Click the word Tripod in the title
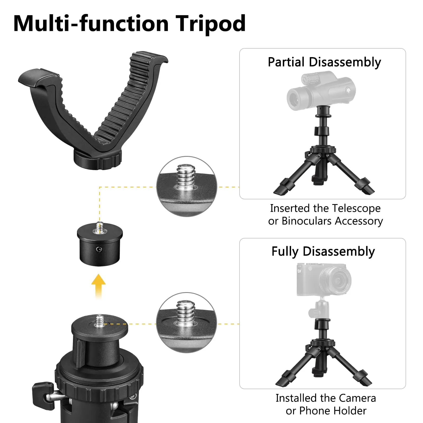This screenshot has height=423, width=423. click(211, 24)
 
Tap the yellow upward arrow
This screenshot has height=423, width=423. click(98, 286)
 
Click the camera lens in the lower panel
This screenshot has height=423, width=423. click(335, 280)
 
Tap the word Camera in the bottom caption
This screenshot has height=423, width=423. click(357, 398)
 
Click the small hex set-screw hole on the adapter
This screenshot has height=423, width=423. click(99, 249)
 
